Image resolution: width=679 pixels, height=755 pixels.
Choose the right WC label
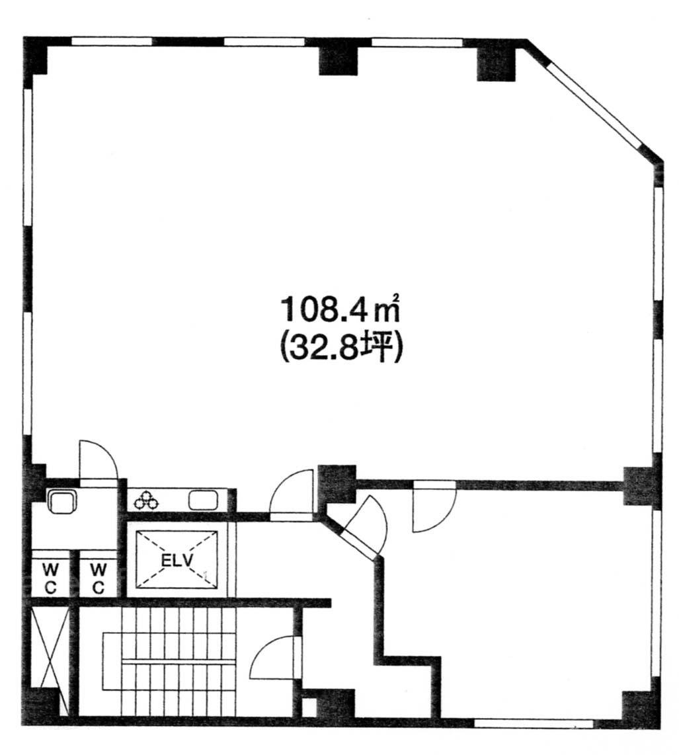click(x=99, y=578)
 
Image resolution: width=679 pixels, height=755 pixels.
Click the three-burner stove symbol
click(x=146, y=500)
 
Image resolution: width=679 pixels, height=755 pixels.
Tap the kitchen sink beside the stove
click(x=204, y=500)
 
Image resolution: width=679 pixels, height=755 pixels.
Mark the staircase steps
click(x=169, y=661)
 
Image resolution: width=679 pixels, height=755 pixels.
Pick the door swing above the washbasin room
click(x=99, y=460)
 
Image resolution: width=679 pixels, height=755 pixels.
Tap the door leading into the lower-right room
click(x=434, y=506)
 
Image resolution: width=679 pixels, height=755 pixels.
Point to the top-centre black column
click(x=339, y=60)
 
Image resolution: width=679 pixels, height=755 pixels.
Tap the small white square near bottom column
click(x=309, y=706)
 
